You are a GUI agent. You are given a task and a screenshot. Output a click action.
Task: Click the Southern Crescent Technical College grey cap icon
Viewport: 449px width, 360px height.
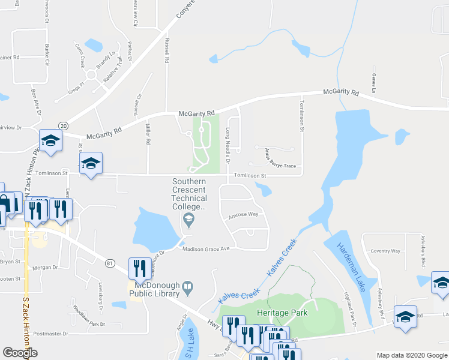189,220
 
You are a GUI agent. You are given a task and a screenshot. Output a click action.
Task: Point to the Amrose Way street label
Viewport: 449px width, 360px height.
243,215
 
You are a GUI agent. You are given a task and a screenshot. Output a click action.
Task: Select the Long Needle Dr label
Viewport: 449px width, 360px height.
228,144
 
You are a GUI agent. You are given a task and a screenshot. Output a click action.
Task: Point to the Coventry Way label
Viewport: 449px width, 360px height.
385,251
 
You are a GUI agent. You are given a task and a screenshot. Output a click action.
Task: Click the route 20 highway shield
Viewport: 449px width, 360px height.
63,124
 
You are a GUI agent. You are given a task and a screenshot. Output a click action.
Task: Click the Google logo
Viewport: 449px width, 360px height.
20,353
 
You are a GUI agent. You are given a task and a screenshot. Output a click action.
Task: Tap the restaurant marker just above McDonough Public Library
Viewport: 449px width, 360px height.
137,268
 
